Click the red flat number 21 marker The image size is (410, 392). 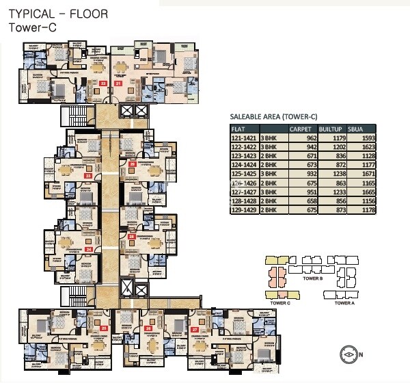118,83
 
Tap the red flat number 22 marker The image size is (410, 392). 103,83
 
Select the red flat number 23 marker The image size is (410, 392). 87,176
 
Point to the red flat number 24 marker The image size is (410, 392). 87,249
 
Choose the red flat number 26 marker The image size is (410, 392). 148,329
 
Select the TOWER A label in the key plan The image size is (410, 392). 345,302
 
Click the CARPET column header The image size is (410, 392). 301,128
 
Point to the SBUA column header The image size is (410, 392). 355,128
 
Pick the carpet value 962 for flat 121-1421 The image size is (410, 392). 314,138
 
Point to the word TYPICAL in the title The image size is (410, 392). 31,14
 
